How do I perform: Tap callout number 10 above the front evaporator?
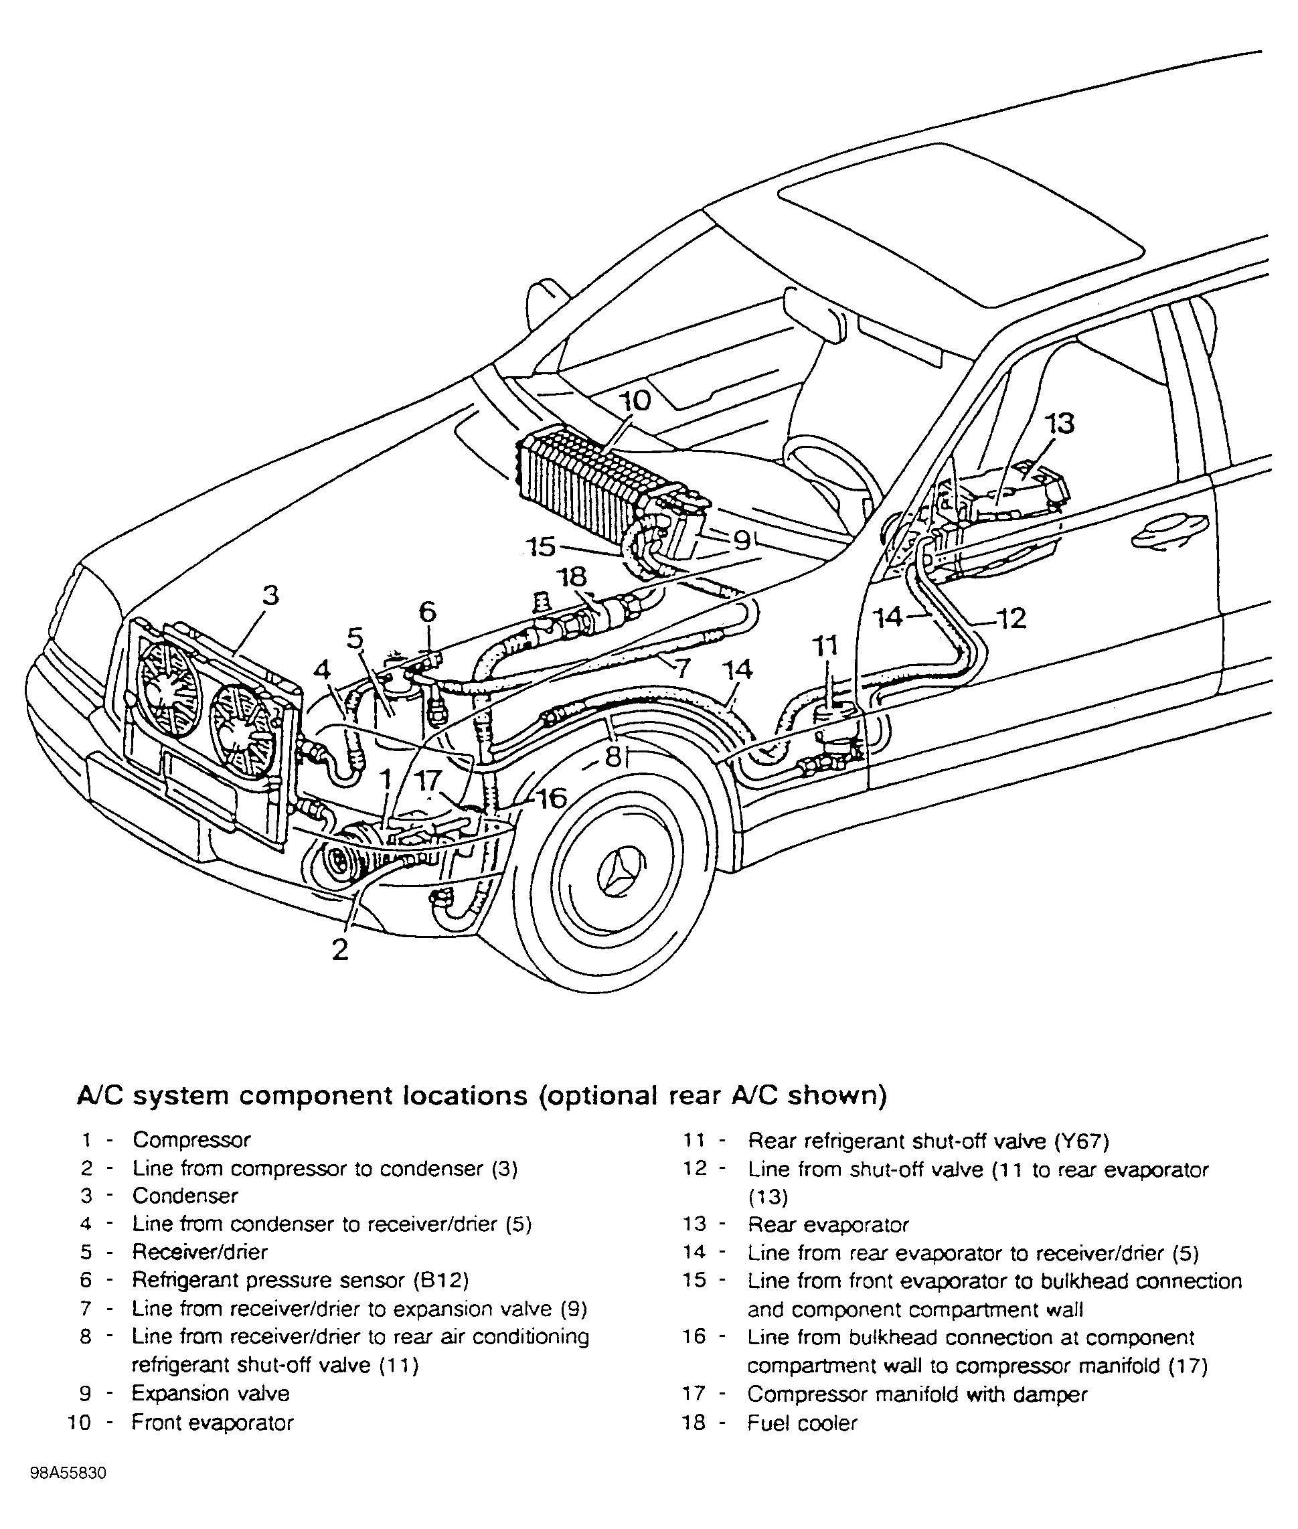635,401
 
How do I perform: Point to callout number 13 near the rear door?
1059,424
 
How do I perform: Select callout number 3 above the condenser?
271,594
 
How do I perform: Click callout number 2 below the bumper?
339,949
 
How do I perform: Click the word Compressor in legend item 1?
191,1140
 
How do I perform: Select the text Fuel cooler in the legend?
803,1423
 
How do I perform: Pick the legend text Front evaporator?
213,1423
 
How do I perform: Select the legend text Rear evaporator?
829,1225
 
